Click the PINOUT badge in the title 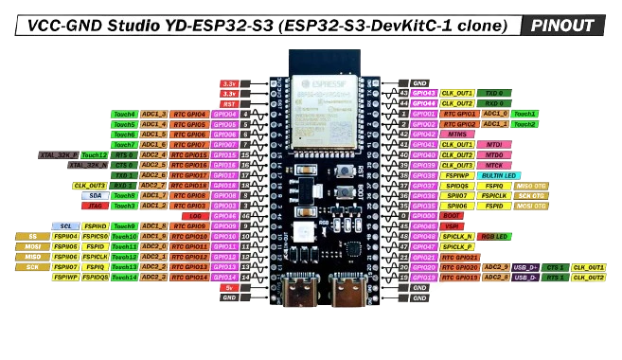click(x=562, y=26)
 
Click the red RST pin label click(x=229, y=103)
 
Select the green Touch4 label click(x=124, y=114)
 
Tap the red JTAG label click(x=95, y=206)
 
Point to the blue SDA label click(x=95, y=195)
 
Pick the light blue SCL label click(x=65, y=226)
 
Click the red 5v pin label click(x=228, y=287)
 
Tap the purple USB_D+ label click(x=525, y=267)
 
